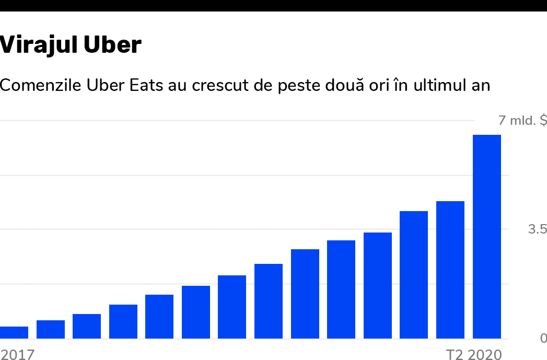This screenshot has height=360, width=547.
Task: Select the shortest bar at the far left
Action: (14, 332)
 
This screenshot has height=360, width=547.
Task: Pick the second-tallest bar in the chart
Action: (450, 270)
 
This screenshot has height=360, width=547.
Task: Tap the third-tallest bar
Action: (414, 275)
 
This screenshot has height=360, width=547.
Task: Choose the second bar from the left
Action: (51, 329)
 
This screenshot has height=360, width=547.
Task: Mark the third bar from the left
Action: (87, 326)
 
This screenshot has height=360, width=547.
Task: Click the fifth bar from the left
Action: (159, 317)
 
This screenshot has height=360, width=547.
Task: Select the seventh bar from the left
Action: (232, 307)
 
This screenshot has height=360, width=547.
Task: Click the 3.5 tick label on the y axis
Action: (537, 229)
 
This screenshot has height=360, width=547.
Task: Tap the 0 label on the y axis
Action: (543, 339)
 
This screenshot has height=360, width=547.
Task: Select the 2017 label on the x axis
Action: (17, 355)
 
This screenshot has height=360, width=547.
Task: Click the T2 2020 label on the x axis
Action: (473, 355)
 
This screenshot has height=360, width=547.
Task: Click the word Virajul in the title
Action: (32, 45)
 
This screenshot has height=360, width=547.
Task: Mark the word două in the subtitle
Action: (359, 85)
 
